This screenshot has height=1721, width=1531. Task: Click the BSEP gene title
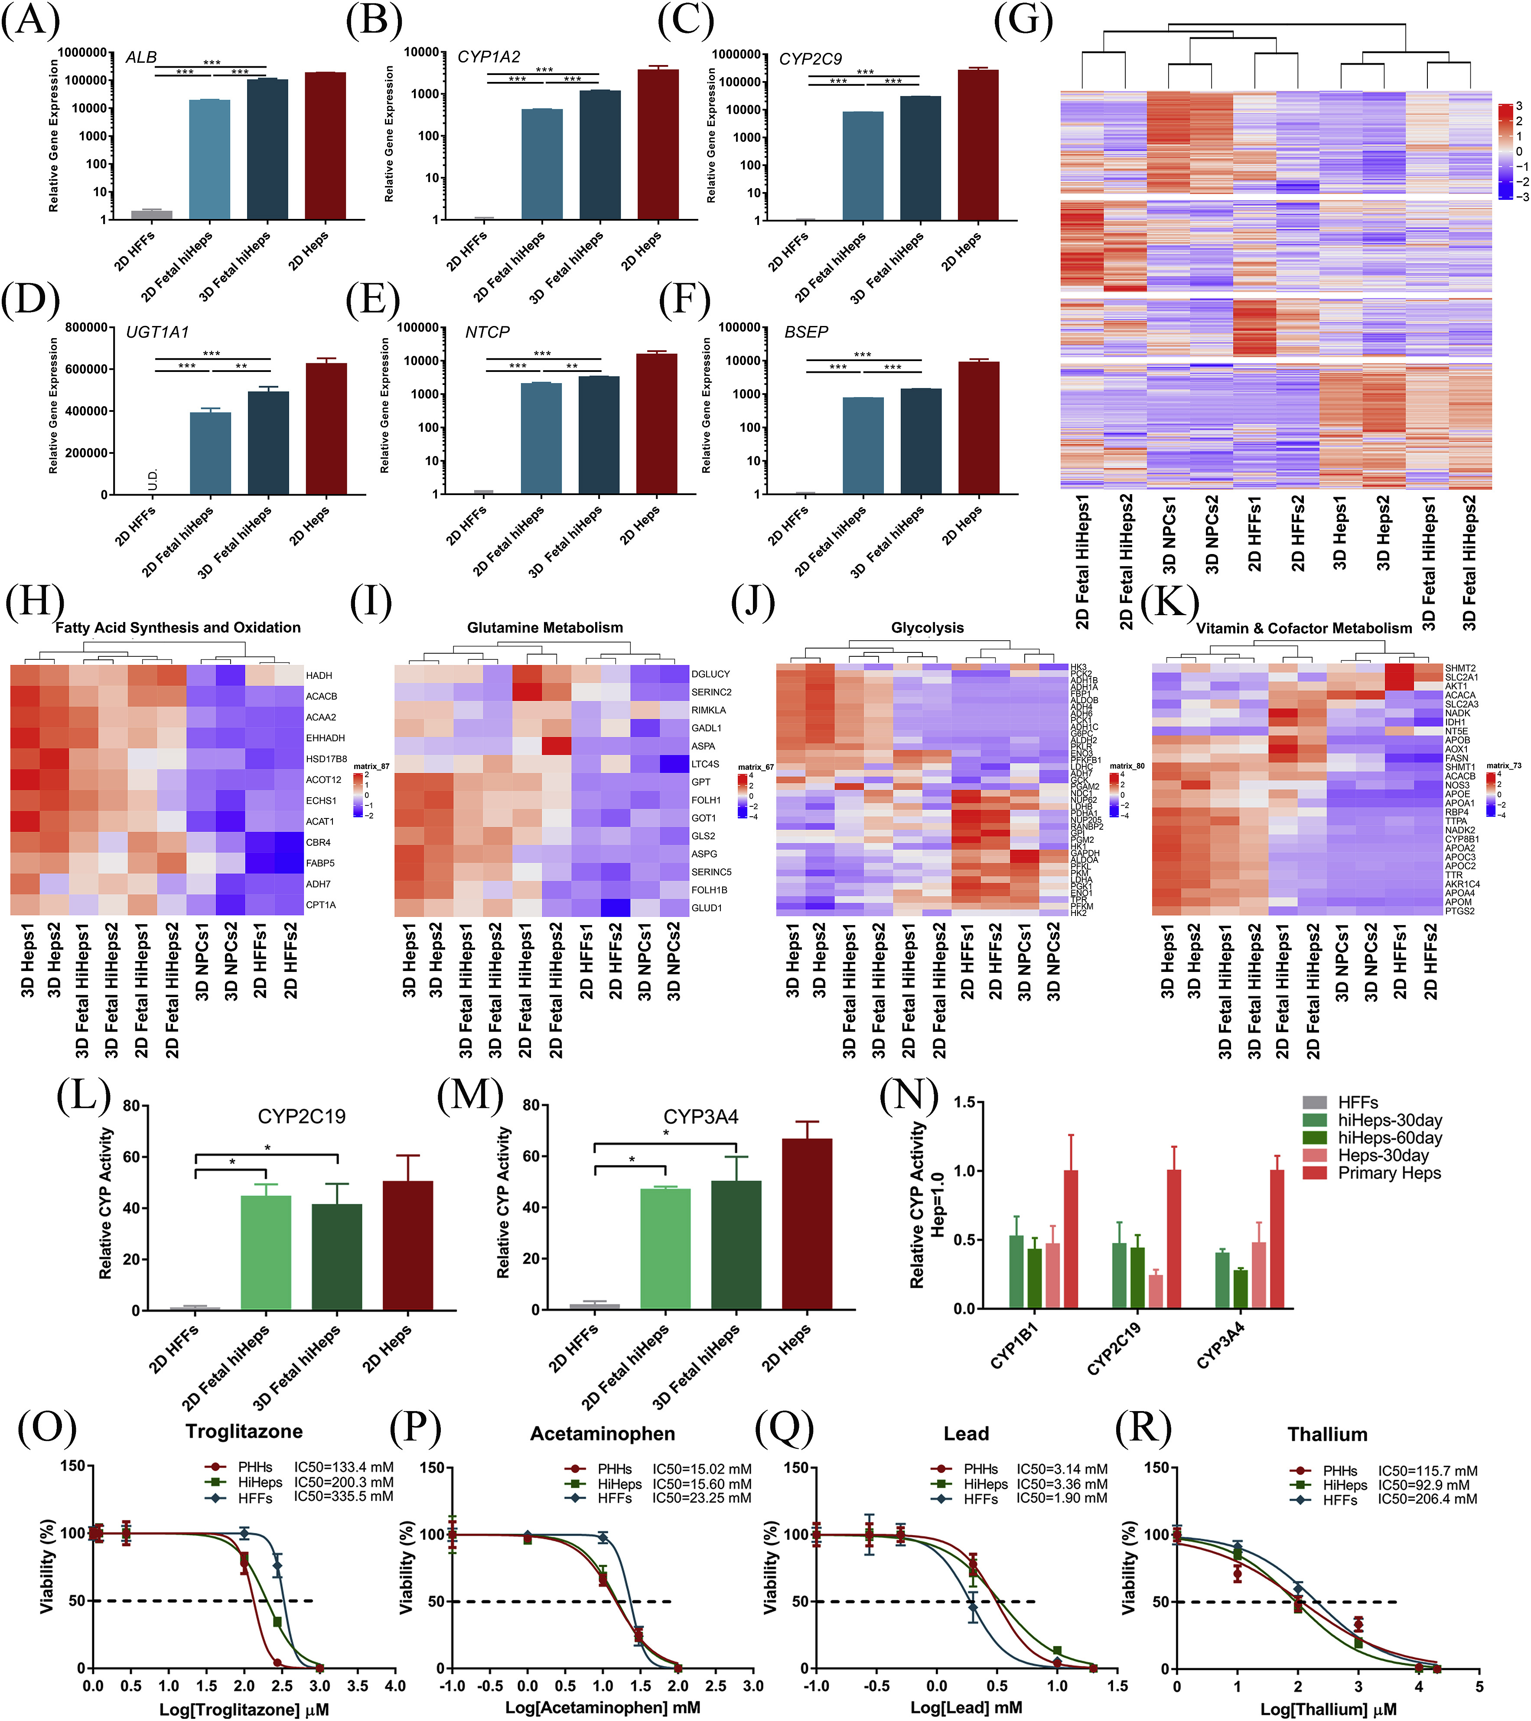806,332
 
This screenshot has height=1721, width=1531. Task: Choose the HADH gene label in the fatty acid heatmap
319,675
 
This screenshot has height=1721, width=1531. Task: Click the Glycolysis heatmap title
927,628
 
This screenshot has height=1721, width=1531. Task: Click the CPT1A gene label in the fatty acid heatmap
321,905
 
